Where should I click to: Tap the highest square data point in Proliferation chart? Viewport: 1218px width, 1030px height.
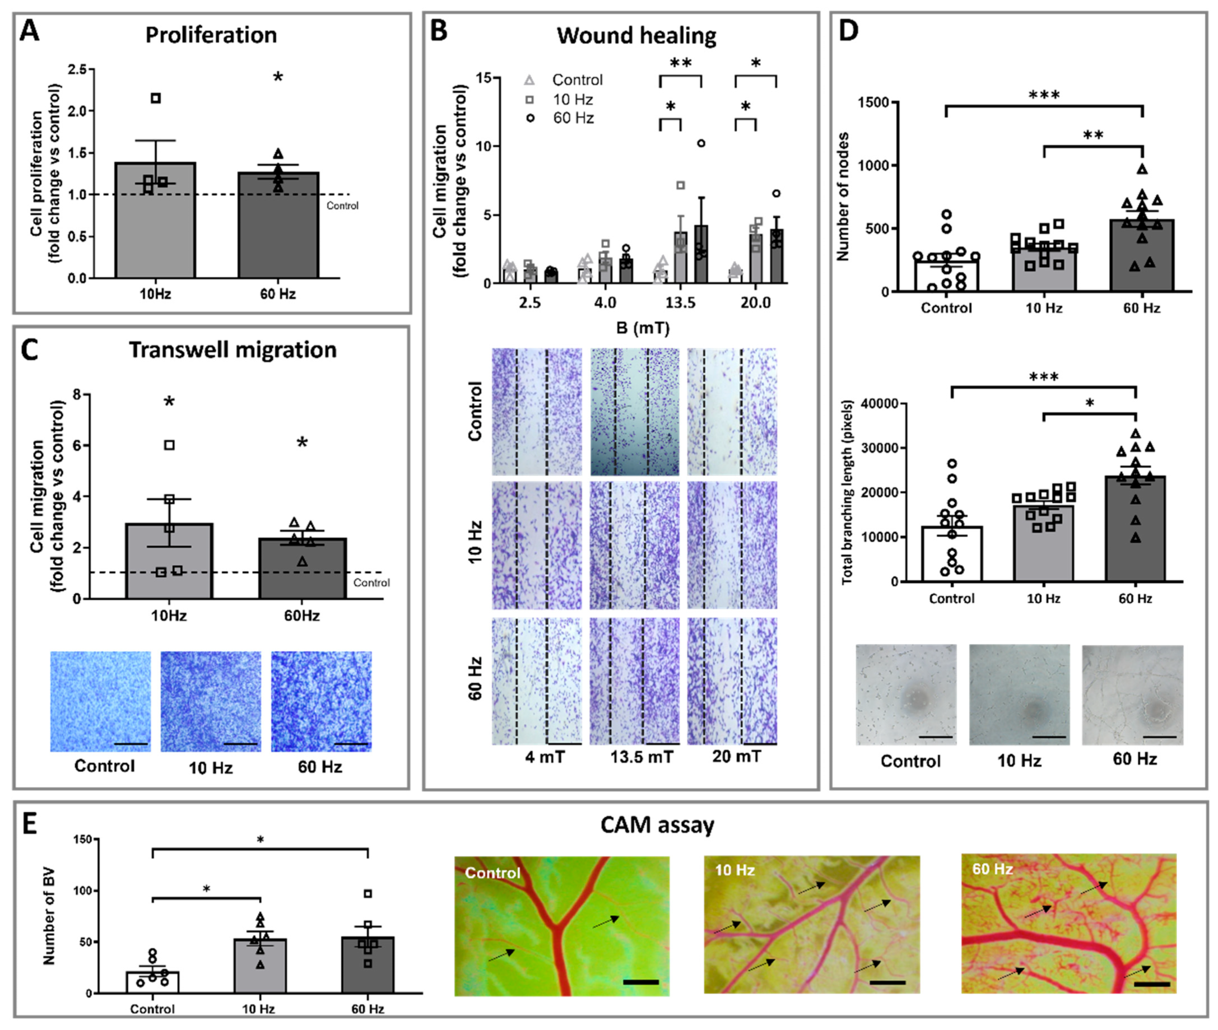[156, 98]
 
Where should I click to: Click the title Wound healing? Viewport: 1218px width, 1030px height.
[636, 36]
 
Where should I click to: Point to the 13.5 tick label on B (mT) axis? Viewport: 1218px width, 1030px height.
[681, 302]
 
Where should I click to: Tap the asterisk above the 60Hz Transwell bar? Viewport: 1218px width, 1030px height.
[302, 443]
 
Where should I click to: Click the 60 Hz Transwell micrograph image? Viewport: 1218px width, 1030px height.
[321, 701]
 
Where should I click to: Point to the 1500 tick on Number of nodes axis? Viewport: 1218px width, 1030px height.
[873, 102]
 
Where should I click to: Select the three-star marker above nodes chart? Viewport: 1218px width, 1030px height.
[1044, 95]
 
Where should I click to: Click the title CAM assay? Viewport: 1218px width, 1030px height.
[657, 824]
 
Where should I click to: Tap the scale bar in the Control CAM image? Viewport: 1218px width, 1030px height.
[641, 982]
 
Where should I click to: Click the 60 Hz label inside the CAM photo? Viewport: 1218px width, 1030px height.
[992, 869]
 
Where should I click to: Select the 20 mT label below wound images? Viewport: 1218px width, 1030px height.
[736, 757]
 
